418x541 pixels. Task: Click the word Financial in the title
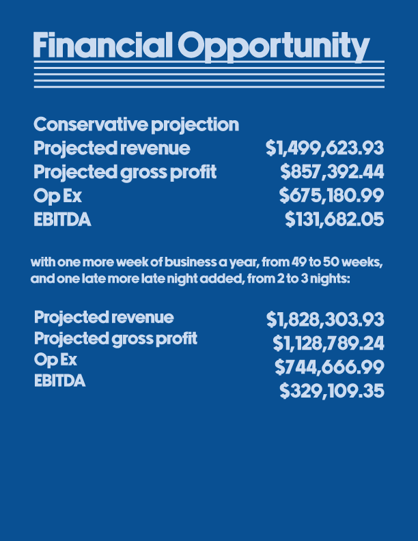tap(102, 45)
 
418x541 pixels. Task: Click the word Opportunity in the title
tap(274, 47)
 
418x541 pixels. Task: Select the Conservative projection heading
tap(136, 125)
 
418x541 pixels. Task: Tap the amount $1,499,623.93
tap(324, 148)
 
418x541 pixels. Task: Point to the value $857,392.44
tap(332, 172)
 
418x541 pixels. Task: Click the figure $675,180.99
tap(331, 195)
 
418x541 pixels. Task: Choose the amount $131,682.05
tap(334, 219)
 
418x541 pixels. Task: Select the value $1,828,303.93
tap(325, 319)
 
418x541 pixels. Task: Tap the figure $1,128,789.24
tap(329, 344)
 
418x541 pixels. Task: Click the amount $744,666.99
tap(329, 367)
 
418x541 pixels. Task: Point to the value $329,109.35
tap(332, 391)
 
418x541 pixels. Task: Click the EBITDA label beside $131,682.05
tap(62, 220)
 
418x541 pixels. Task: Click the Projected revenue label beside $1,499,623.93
tap(112, 149)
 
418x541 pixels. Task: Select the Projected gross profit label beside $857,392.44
tap(125, 173)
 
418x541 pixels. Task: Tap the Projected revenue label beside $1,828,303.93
tap(104, 318)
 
